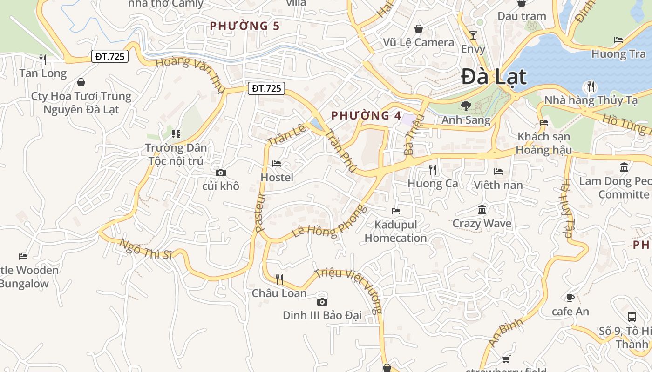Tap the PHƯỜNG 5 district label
[244, 26]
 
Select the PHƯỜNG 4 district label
[366, 115]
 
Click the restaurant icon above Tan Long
[43, 60]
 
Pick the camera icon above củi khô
[221, 173]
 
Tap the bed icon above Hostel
[277, 164]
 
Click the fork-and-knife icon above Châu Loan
[279, 279]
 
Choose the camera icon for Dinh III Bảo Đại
[322, 302]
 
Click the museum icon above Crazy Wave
[482, 210]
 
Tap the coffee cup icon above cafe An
[570, 298]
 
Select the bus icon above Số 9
[632, 317]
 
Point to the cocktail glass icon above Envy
[473, 35]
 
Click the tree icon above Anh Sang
[465, 106]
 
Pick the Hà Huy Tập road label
[567, 208]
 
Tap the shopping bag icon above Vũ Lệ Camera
[419, 29]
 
